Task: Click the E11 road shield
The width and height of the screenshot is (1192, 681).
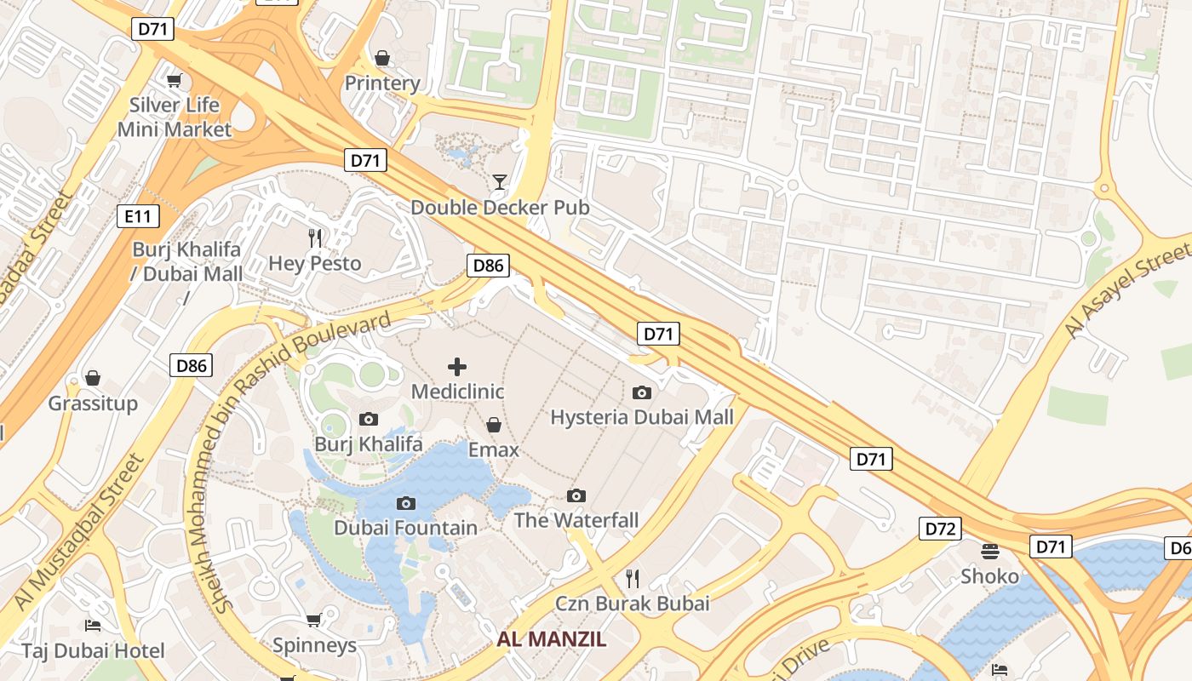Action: [x=137, y=216]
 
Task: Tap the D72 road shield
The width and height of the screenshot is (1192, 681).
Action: [x=940, y=529]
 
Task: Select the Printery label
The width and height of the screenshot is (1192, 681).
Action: [x=382, y=83]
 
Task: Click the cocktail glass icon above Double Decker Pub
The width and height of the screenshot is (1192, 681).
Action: [x=499, y=182]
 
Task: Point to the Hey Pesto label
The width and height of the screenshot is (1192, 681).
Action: [x=315, y=263]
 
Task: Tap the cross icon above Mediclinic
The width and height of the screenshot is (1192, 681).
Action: [x=457, y=367]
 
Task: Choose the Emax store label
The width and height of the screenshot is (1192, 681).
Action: [x=493, y=449]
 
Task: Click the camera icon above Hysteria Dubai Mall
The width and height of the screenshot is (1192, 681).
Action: [x=642, y=392]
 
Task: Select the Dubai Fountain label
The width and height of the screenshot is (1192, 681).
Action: [x=405, y=528]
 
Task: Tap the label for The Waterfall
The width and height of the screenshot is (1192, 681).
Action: [x=576, y=520]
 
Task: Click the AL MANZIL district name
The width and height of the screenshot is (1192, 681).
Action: [x=552, y=639]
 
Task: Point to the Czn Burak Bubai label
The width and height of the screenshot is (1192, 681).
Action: [x=632, y=604]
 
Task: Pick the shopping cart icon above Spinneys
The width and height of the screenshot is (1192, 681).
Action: [x=314, y=621]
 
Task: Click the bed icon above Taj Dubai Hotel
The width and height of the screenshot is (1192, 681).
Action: [x=93, y=626]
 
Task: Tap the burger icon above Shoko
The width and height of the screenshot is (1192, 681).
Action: [x=989, y=552]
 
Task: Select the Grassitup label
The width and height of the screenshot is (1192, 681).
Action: [x=93, y=403]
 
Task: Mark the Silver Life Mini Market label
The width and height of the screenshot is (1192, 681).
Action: [x=175, y=117]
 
